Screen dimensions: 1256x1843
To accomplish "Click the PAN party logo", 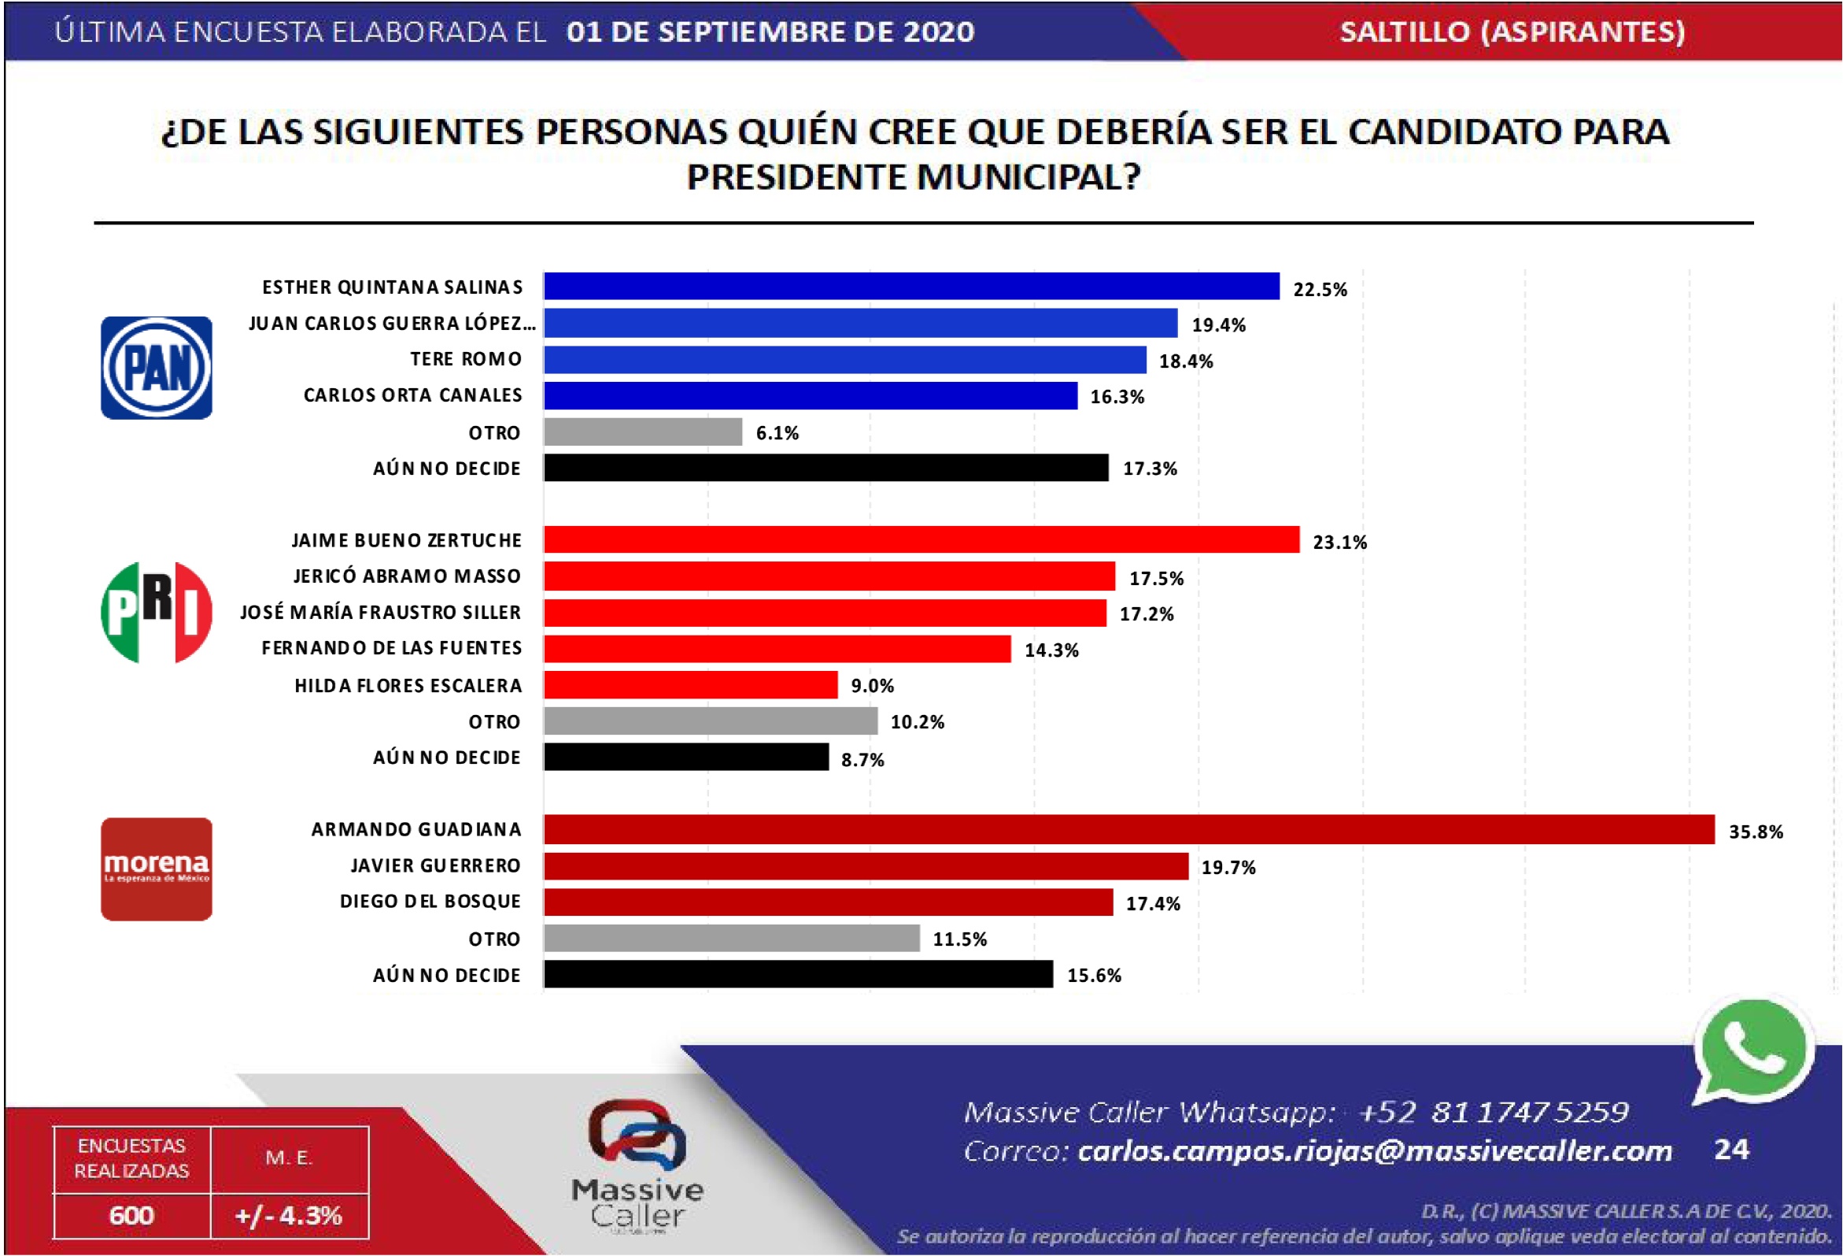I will coord(157,368).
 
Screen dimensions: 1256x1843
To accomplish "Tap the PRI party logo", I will coord(157,612).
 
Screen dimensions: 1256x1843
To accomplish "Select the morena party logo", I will coord(157,869).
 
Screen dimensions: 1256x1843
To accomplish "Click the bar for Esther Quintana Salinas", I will coord(910,287).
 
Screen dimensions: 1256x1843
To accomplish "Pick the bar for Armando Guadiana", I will coord(1128,829).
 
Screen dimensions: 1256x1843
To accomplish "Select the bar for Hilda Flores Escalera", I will coord(690,685).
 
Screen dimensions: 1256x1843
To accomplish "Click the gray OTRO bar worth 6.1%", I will coord(642,432).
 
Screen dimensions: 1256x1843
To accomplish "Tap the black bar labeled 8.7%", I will coord(686,757).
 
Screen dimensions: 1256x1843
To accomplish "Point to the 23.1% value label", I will coord(1339,542).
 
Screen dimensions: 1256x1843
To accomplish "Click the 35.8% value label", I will coord(1756,832).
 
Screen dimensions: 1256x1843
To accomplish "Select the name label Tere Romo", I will coord(466,359).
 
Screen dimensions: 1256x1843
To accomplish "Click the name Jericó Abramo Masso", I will coord(407,576).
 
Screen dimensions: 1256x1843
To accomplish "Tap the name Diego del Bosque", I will coord(430,902).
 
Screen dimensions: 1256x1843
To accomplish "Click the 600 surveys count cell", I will coord(131,1215).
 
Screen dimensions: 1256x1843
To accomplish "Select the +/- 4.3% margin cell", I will coord(289,1215).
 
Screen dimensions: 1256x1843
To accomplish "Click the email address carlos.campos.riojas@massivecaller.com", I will coord(1374,1150).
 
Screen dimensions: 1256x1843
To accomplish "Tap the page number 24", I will coord(1731,1149).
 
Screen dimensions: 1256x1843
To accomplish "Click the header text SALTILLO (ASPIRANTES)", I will coord(1512,31).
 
